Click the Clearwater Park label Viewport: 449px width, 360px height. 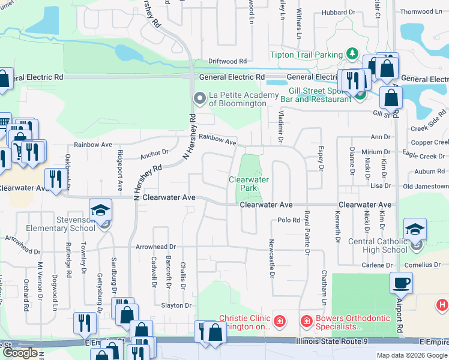(249, 184)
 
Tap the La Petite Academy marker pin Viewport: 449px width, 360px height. (199, 98)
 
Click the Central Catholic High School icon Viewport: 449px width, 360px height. (415, 230)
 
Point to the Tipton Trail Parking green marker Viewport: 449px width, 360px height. (352, 55)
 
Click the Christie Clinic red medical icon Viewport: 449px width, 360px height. (279, 322)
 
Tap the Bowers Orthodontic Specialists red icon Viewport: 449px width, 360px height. (306, 322)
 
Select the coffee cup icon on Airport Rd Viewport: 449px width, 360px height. (400, 282)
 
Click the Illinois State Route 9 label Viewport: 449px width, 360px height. (331, 341)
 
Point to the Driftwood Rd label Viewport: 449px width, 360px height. (228, 61)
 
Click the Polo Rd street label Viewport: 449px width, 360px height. (289, 220)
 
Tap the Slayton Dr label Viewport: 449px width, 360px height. (175, 305)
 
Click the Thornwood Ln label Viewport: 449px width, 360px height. (420, 11)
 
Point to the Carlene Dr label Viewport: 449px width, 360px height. (376, 265)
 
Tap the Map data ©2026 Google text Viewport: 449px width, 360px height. (412, 355)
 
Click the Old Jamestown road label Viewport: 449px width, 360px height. (426, 187)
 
